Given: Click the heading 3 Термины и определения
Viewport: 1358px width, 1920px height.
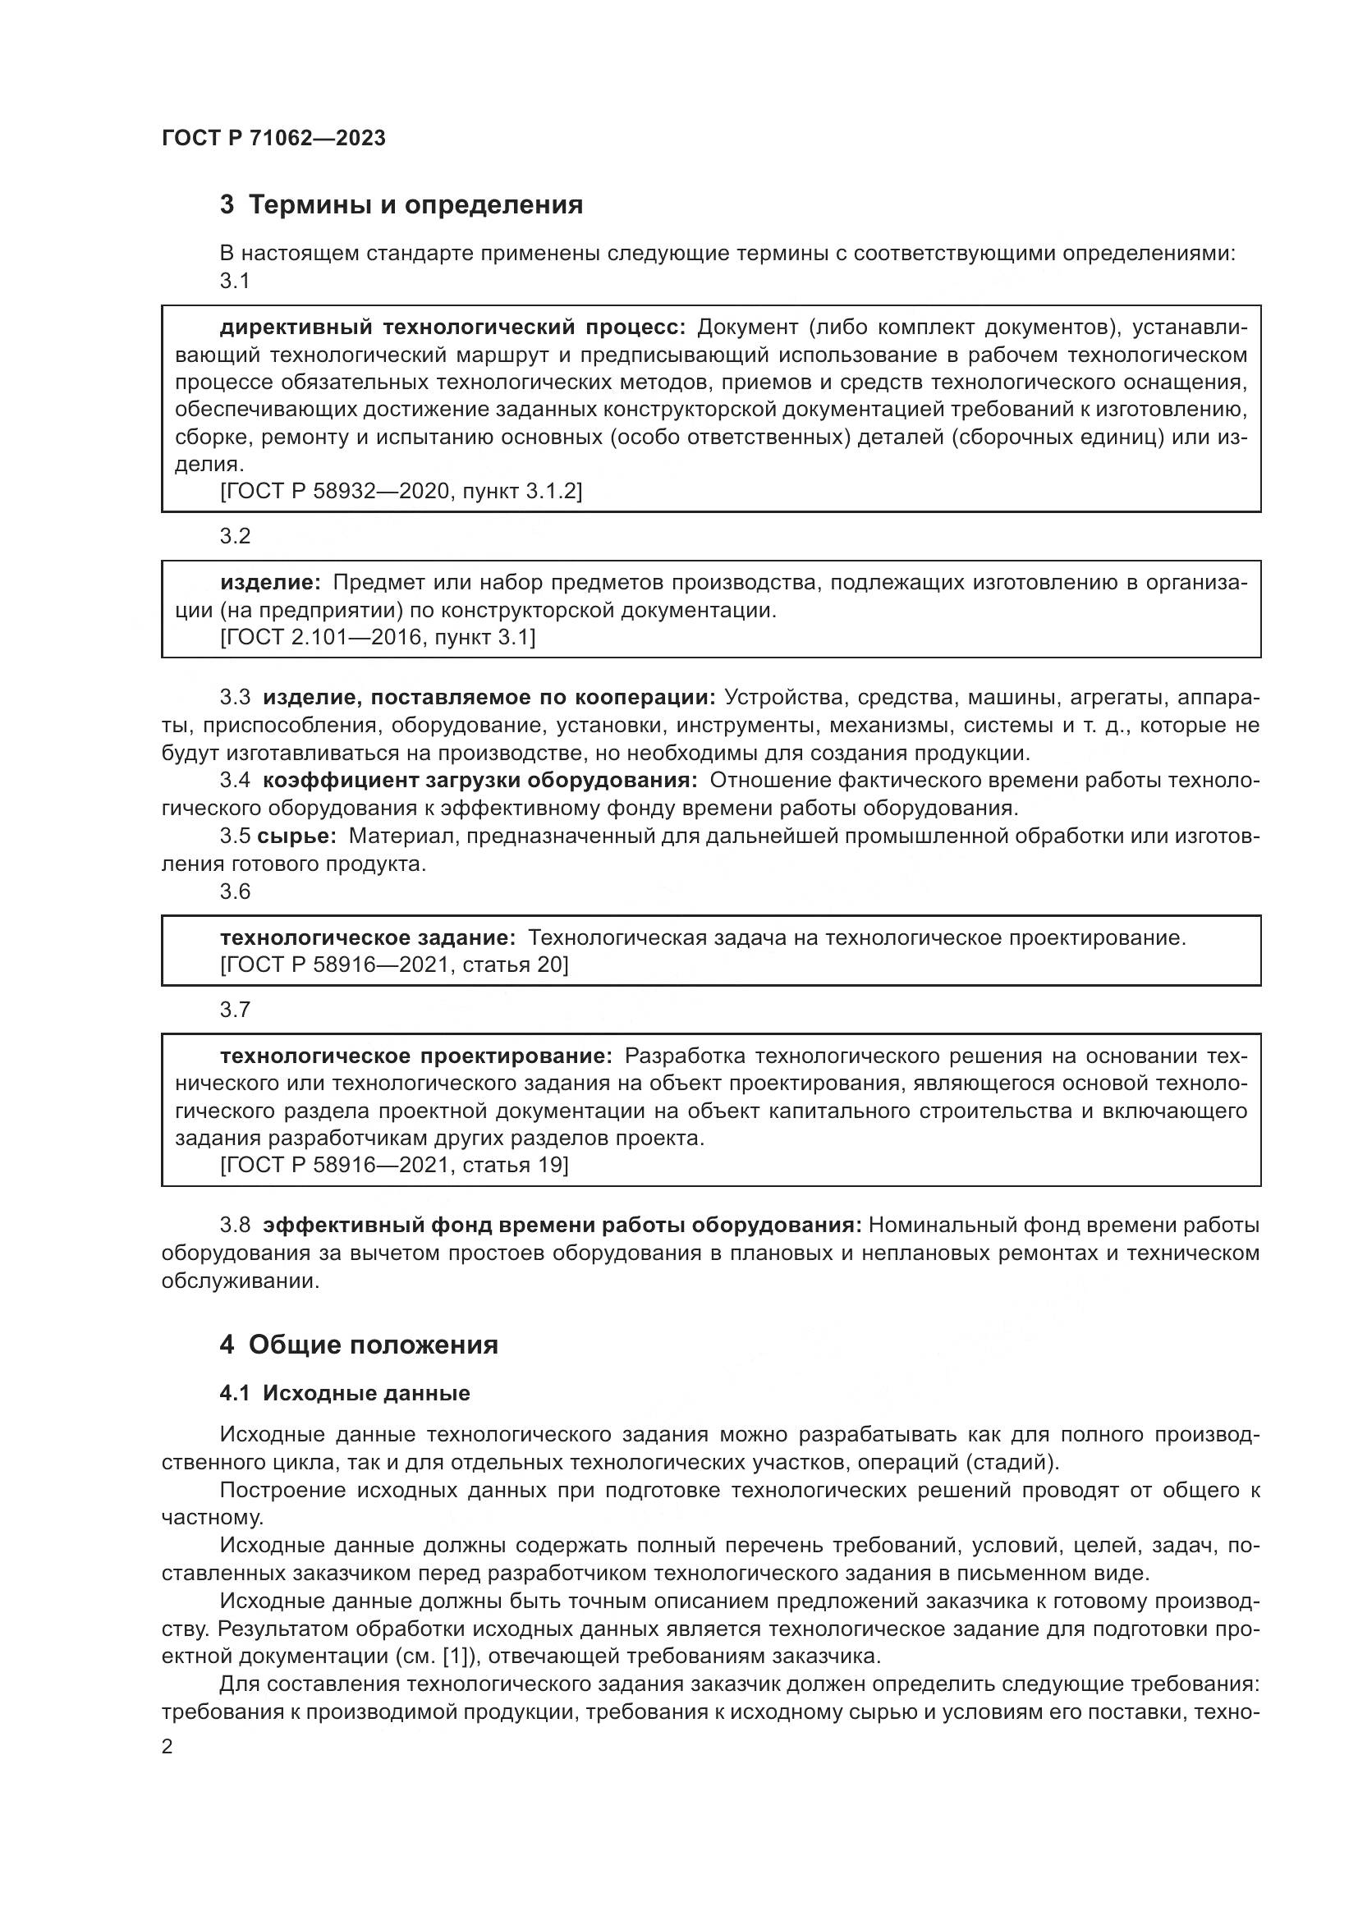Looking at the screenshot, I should [401, 205].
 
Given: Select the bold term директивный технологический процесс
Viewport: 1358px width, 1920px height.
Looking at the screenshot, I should [452, 327].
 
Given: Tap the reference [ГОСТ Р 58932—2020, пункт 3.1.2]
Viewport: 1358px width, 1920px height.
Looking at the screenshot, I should [401, 492].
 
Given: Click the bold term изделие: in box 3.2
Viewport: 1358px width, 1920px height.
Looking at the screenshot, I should [269, 583].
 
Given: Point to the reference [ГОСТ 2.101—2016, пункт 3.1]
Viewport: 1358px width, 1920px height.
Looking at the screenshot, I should [377, 638].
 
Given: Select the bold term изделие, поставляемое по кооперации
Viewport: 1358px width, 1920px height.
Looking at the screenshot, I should [489, 698].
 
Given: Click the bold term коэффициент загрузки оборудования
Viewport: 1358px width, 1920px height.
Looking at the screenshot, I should [480, 780].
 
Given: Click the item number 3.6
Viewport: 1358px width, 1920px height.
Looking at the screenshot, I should [235, 891].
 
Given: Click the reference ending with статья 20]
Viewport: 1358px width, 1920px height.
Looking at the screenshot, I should [394, 965].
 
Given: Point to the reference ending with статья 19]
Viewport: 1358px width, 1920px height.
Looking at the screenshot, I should [394, 1165].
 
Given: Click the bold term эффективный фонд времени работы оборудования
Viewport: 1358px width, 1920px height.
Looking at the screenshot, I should [561, 1225].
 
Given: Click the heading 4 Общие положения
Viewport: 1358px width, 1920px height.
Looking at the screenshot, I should [359, 1345].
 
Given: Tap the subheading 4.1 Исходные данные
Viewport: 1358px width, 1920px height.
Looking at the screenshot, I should [345, 1393].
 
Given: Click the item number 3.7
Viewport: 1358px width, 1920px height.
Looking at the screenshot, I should [235, 1010].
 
